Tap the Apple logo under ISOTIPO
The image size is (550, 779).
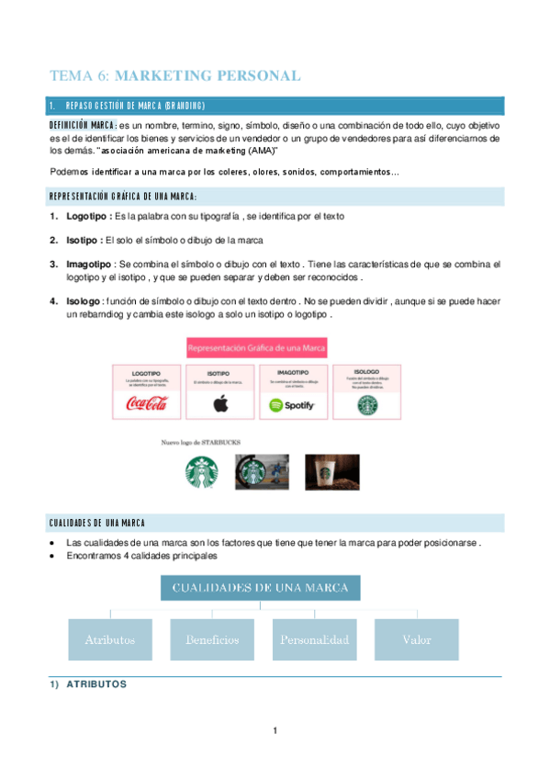point(219,404)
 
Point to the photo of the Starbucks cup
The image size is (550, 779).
point(331,472)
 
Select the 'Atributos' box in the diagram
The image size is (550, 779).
point(110,639)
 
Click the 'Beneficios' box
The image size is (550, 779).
point(212,639)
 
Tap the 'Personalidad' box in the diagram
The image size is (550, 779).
point(314,639)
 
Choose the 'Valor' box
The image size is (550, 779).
point(416,639)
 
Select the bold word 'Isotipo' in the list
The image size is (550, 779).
point(83,240)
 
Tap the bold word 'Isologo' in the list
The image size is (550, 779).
point(83,301)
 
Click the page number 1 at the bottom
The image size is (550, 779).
point(275,730)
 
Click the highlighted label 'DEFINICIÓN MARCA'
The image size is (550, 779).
point(83,125)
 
